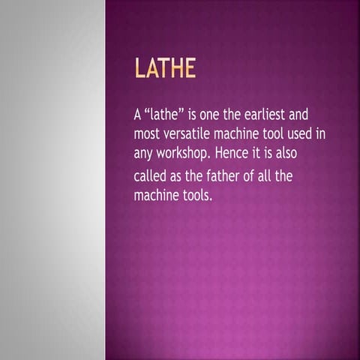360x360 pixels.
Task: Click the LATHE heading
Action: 164,69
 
